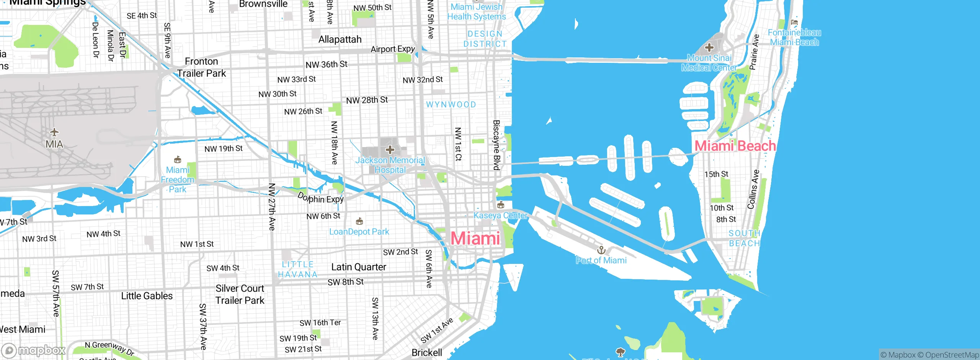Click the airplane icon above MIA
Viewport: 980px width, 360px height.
coord(54,132)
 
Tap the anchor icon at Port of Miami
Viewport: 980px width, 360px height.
coord(601,250)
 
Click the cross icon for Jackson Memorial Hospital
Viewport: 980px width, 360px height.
coord(390,149)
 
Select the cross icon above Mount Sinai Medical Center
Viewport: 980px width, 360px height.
coord(709,47)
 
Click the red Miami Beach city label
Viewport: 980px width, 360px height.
coord(735,146)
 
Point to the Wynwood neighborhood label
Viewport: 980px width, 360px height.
coord(451,105)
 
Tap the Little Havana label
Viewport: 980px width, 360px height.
coord(298,269)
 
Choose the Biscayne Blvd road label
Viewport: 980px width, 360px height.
coord(497,145)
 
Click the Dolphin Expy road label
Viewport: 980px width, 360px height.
coord(321,198)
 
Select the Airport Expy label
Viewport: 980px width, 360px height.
coord(393,49)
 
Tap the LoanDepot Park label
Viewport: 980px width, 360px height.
coord(359,232)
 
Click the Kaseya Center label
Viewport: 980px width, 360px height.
coord(501,215)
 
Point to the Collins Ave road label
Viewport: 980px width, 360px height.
coord(753,189)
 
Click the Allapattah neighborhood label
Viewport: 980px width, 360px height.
coord(340,39)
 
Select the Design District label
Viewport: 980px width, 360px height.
coord(485,39)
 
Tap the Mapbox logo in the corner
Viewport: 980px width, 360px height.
coord(34,350)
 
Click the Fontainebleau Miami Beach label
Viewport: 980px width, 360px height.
coord(794,37)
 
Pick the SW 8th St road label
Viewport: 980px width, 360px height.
coord(346,282)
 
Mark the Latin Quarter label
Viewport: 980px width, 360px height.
coord(359,267)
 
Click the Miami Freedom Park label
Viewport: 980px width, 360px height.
coord(178,180)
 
